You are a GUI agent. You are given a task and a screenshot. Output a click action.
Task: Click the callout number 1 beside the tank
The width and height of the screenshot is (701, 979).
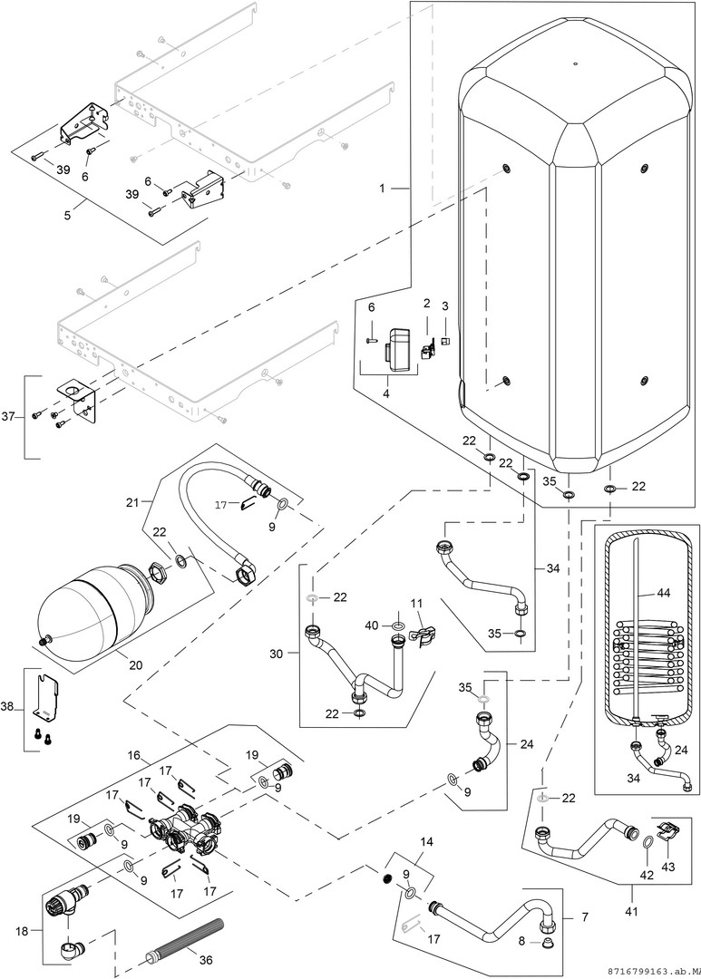pos(382,188)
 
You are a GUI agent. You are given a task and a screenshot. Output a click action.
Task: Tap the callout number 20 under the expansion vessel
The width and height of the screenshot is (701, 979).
pos(136,664)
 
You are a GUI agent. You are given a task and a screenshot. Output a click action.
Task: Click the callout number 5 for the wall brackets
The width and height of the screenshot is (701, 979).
pos(68,216)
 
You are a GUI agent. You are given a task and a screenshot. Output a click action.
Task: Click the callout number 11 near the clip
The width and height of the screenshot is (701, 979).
pos(417,603)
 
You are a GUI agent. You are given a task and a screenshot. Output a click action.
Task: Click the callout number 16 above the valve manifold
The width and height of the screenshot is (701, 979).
pos(133,754)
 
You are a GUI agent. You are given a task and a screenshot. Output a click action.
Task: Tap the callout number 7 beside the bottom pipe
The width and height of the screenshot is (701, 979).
pos(584,917)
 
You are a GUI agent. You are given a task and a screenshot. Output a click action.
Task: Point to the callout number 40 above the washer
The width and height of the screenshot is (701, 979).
pos(372,625)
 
